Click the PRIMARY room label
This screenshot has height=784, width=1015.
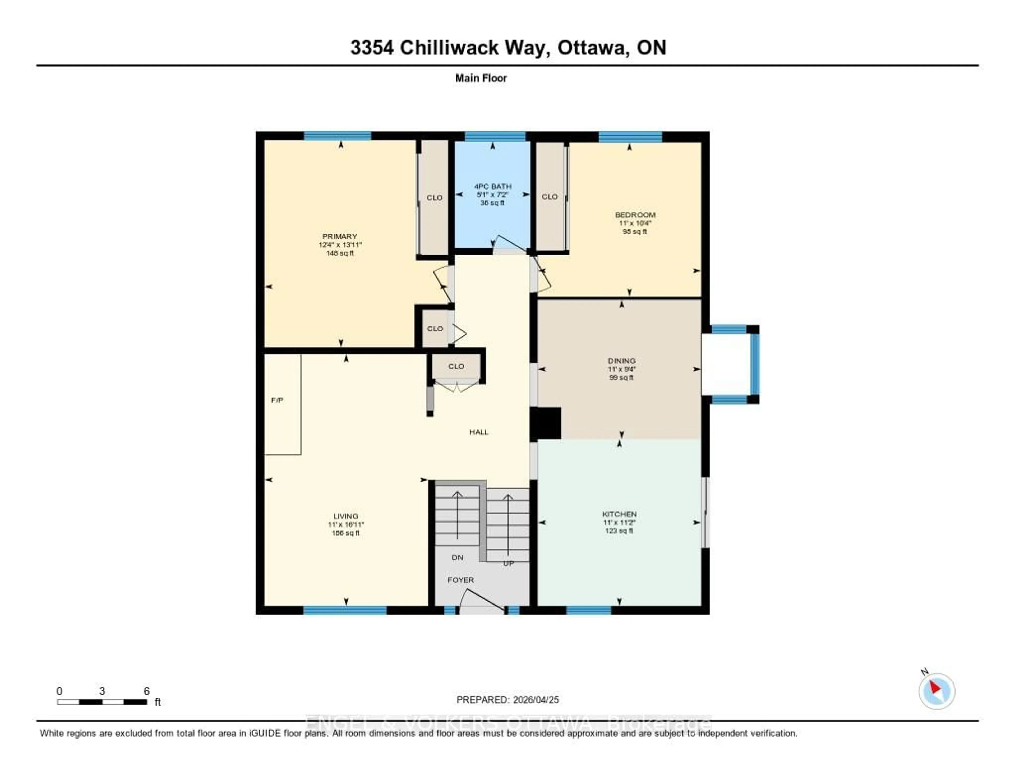(340, 237)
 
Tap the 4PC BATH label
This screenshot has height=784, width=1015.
(493, 186)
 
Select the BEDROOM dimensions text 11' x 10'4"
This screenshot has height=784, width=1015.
(635, 223)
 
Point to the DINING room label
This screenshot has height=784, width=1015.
(621, 361)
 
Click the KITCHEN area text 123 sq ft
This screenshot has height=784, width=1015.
(619, 531)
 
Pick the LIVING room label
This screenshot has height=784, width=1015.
(346, 516)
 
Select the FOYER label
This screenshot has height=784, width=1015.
(460, 580)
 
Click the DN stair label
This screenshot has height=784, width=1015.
(457, 557)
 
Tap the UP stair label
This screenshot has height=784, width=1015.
(509, 563)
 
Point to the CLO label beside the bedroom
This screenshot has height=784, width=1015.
(550, 197)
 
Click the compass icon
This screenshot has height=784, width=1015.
(936, 691)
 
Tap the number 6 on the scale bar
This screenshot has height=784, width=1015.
(146, 691)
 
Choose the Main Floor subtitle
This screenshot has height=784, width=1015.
(481, 78)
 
